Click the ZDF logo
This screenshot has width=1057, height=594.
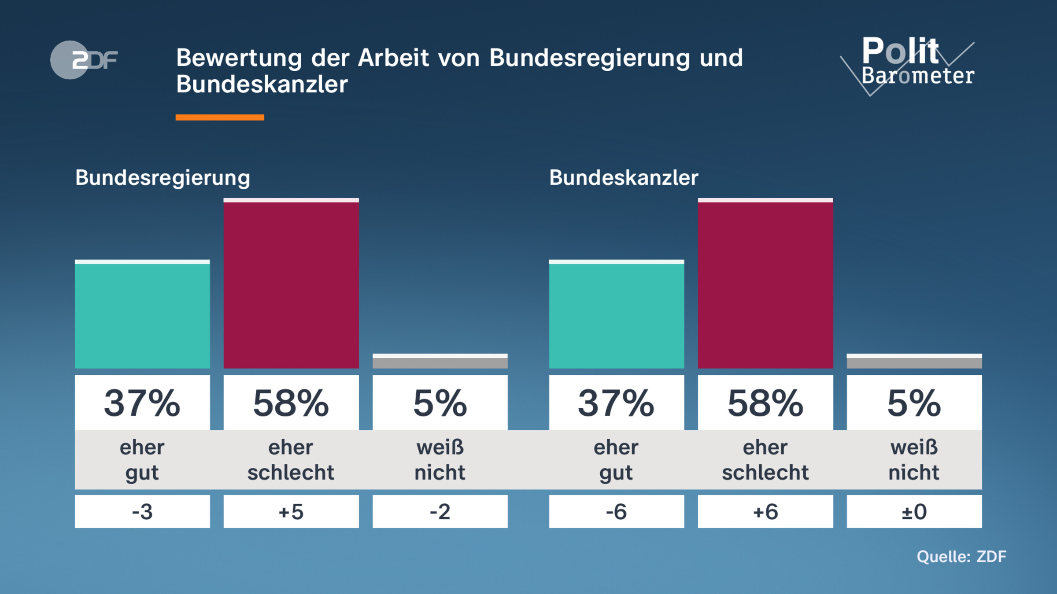click(x=84, y=60)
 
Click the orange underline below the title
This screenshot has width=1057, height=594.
click(x=220, y=117)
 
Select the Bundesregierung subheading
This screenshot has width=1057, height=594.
click(x=163, y=178)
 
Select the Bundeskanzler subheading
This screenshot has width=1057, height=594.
click(x=624, y=178)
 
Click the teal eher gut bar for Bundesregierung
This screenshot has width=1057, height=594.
click(x=142, y=315)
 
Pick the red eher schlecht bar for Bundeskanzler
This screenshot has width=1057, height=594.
click(x=765, y=284)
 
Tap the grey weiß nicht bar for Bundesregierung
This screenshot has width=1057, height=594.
click(x=440, y=362)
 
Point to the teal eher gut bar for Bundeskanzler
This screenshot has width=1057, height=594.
click(x=616, y=315)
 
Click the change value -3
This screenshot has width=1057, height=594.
click(x=142, y=512)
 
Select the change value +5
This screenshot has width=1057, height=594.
click(x=291, y=512)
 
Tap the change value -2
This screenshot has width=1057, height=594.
click(x=440, y=512)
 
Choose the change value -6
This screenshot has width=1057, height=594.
click(x=616, y=512)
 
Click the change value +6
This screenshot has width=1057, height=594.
click(x=765, y=512)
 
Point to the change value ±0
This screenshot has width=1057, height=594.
click(x=914, y=512)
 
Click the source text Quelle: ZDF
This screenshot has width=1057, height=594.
click(x=961, y=557)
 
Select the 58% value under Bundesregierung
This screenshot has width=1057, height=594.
click(x=291, y=403)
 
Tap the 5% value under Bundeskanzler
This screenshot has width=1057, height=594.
click(x=914, y=403)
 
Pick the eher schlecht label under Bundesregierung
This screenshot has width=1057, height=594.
click(x=291, y=460)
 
